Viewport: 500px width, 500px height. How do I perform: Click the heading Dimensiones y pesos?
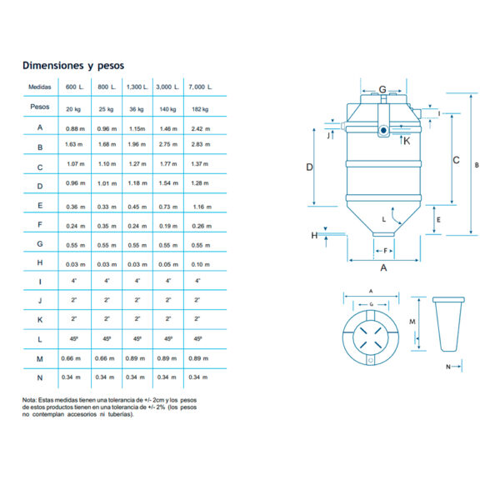[x=73, y=65]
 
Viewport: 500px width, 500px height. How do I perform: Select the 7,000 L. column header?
[x=200, y=87]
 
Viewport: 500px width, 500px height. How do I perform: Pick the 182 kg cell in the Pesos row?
[x=200, y=108]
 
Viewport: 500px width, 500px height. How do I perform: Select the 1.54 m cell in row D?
[x=168, y=182]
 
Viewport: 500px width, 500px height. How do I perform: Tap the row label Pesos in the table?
[x=40, y=107]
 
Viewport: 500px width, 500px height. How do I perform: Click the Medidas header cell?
[x=40, y=87]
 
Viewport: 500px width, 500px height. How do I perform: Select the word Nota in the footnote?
[x=31, y=399]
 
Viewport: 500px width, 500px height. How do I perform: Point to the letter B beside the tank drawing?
[x=477, y=165]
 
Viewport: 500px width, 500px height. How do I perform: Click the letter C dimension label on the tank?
[x=457, y=158]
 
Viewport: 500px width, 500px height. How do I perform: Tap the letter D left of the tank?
[x=309, y=167]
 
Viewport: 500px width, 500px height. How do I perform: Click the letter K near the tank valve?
[x=407, y=141]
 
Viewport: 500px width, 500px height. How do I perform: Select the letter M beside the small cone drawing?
[x=412, y=321]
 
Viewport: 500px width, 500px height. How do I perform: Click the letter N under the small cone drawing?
[x=447, y=366]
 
